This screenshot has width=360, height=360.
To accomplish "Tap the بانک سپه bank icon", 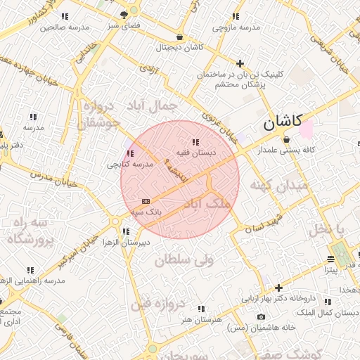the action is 146,201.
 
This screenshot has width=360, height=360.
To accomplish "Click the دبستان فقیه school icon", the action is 195,143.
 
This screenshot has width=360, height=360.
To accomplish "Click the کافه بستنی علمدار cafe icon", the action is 286,139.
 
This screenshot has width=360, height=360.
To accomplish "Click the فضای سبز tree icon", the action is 124,14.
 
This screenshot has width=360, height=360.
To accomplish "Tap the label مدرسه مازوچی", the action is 236,27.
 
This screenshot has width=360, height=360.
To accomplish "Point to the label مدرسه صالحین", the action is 65,27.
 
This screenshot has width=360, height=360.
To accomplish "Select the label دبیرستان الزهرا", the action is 126,243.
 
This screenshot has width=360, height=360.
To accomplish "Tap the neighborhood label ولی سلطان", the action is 184,260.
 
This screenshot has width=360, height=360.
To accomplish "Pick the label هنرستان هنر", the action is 201,319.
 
